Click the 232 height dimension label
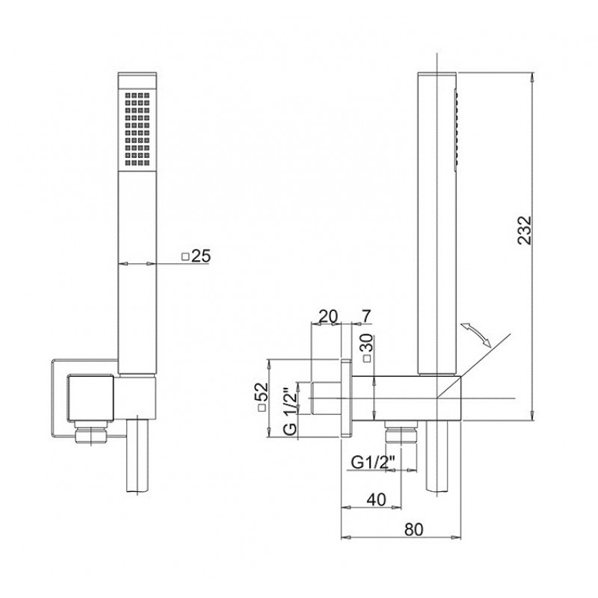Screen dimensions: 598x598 tap(525, 229)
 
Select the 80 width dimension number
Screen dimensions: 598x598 tap(414, 529)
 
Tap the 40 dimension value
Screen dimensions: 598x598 tap(377, 499)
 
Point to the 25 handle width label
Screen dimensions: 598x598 tap(201, 256)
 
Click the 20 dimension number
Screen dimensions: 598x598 tap(328, 316)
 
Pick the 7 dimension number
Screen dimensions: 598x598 tap(366, 316)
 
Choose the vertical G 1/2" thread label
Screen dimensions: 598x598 tap(291, 412)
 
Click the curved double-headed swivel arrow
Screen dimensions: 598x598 tap(475, 335)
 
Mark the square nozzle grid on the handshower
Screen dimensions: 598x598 tap(138, 129)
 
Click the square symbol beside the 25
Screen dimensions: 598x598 tap(185, 256)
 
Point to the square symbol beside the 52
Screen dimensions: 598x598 tap(262, 408)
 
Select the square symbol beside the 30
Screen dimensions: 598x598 tap(367, 359)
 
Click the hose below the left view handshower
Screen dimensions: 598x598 tap(137, 456)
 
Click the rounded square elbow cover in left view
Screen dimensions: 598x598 tap(90, 398)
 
